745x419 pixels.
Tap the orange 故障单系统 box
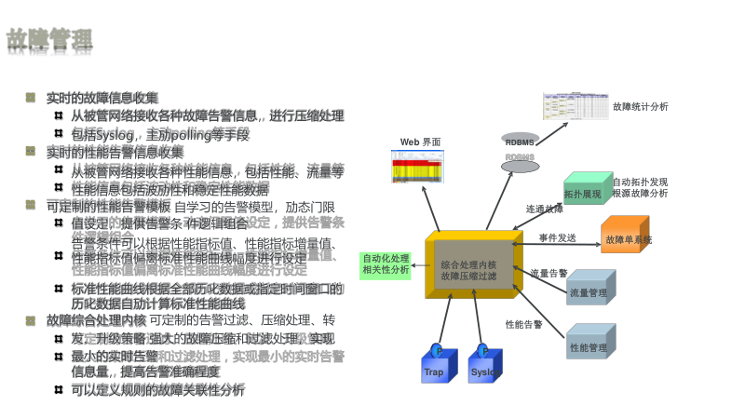[x=627, y=237]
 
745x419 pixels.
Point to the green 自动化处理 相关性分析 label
[x=386, y=264]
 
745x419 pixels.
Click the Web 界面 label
[x=420, y=142]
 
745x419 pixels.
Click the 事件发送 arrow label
[x=558, y=238]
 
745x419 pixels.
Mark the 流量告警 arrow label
[x=549, y=274]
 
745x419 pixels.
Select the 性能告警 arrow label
[x=524, y=325]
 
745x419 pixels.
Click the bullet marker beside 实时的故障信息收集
[x=31, y=97]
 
